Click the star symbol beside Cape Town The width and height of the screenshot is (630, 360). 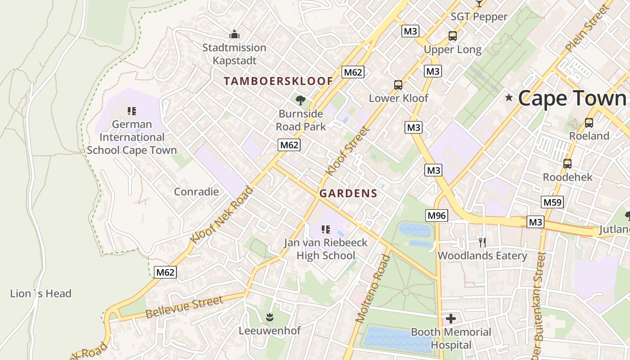[509, 98]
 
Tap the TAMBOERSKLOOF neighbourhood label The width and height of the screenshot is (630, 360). [279, 81]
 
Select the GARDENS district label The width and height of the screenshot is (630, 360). [348, 193]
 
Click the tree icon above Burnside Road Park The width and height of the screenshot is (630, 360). [301, 100]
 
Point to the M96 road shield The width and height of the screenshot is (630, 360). [436, 216]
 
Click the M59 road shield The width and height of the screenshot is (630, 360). [552, 202]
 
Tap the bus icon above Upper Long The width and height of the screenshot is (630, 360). [453, 36]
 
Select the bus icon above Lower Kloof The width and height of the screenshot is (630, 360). [398, 85]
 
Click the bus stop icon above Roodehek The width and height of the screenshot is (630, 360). [567, 164]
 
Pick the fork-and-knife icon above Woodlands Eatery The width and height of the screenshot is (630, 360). [482, 243]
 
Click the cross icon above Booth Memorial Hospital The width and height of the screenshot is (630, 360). [450, 319]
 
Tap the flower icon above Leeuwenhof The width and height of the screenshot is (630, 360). [270, 317]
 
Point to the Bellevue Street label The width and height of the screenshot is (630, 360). [184, 307]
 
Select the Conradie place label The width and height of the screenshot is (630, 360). [196, 192]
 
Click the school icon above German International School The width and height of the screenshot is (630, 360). [131, 111]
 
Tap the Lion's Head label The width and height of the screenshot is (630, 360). [40, 294]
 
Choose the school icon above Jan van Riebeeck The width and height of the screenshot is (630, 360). [326, 229]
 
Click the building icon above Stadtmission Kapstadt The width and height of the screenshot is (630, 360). [234, 34]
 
